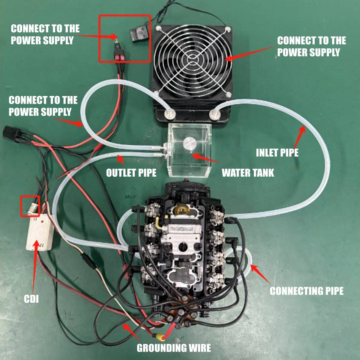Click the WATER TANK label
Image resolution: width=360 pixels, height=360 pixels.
coord(248,173)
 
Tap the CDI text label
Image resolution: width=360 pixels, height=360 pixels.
coord(31,299)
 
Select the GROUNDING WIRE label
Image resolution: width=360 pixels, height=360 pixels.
coord(174,348)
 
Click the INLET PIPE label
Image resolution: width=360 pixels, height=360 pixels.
coord(277,153)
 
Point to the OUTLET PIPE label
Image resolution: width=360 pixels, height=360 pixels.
coord(131,173)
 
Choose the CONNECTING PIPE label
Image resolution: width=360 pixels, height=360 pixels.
coord(307,291)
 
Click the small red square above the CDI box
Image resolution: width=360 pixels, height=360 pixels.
coord(30,206)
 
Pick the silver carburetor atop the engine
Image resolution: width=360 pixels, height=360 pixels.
coord(180,237)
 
